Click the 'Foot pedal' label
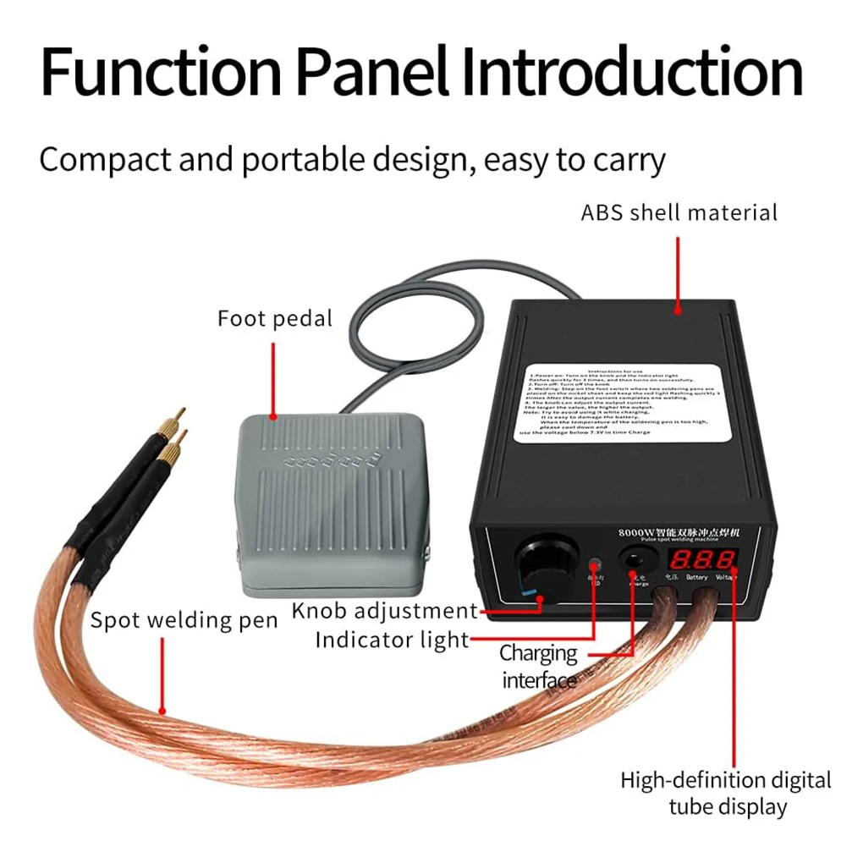point(275,319)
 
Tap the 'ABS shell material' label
point(679,212)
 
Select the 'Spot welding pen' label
point(184,620)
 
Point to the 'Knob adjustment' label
point(384,610)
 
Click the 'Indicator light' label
point(392,640)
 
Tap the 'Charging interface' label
point(538,666)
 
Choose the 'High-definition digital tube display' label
point(726,793)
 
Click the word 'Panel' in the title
point(371,72)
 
